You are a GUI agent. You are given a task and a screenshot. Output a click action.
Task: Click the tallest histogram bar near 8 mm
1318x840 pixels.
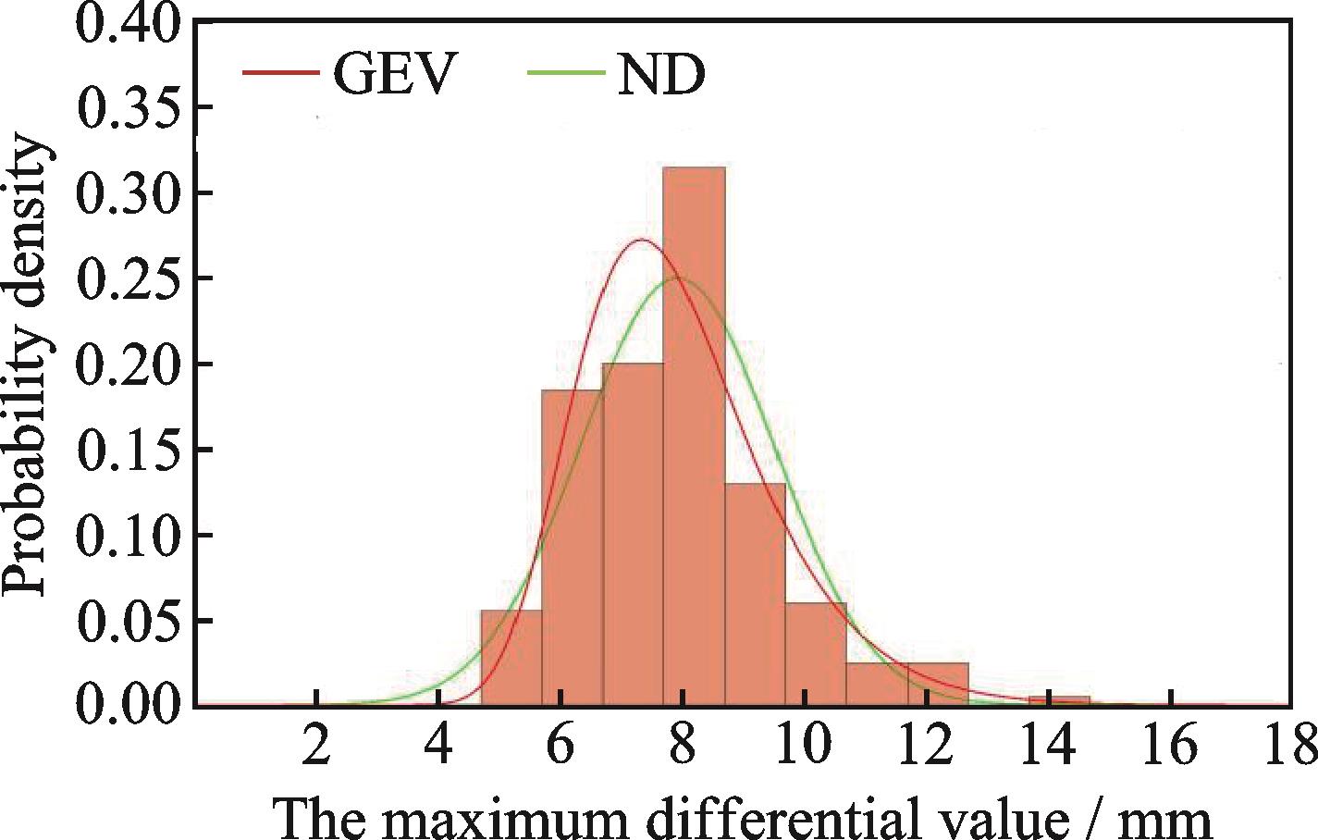pos(694,435)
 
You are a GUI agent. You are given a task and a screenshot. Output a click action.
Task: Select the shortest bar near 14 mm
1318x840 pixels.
pos(1059,700)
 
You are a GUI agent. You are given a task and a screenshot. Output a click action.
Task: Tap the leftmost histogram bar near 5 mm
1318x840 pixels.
pos(511,657)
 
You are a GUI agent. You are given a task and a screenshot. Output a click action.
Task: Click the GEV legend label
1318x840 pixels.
pos(395,74)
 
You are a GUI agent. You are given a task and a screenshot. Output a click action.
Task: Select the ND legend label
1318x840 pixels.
pos(660,74)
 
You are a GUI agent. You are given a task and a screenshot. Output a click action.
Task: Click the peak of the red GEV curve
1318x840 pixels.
pos(641,241)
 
